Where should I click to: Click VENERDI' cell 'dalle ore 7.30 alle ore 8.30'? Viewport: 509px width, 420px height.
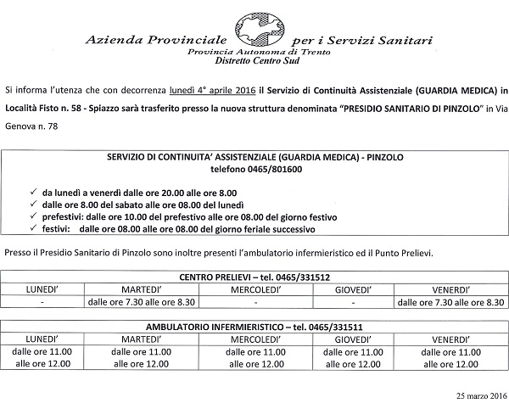tap(450, 301)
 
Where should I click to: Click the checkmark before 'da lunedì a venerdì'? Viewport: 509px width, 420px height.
tap(32, 193)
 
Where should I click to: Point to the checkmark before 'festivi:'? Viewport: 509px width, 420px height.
tap(32, 230)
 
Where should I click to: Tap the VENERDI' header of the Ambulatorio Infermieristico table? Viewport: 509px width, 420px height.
tap(450, 339)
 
